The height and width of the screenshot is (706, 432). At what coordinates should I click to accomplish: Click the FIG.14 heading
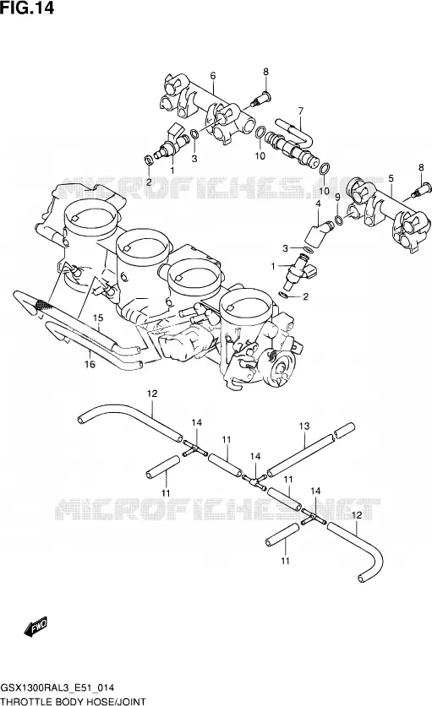click(x=27, y=8)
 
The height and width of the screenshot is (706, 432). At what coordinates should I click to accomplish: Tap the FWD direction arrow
click(x=36, y=627)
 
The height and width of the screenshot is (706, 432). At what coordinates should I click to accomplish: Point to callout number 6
click(x=213, y=76)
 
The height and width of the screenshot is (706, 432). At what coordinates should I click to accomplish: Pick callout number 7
click(x=301, y=111)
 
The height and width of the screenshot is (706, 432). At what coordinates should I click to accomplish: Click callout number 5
click(x=391, y=179)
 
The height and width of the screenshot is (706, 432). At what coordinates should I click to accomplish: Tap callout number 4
click(x=318, y=204)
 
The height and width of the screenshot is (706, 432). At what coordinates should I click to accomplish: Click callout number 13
click(x=304, y=426)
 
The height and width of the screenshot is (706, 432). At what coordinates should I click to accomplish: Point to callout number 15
click(x=98, y=318)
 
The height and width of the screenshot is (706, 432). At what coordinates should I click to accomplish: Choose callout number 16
click(x=90, y=364)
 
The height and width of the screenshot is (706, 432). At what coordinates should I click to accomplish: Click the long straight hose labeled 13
click(x=300, y=453)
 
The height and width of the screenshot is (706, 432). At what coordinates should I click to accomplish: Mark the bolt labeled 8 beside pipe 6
click(x=260, y=99)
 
